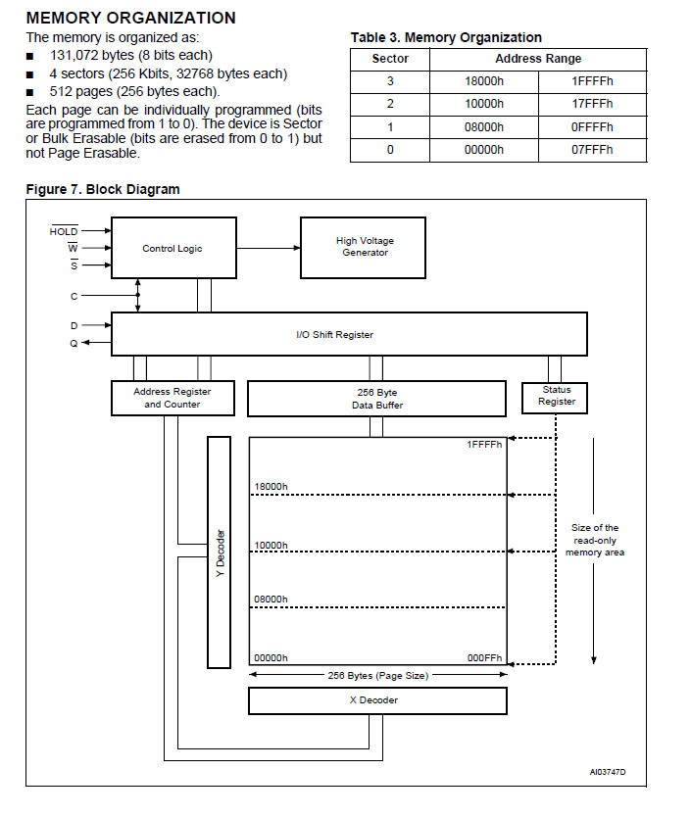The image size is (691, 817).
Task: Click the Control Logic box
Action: click(x=173, y=249)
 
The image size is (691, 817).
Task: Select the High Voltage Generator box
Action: click(x=365, y=247)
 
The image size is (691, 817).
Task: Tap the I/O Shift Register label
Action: click(x=334, y=335)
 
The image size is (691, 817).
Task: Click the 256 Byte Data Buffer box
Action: click(x=376, y=398)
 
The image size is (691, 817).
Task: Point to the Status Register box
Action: click(x=557, y=396)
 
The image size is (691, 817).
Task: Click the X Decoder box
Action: click(x=376, y=700)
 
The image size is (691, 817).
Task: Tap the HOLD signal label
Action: click(x=64, y=231)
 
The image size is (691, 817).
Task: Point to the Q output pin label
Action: click(x=73, y=343)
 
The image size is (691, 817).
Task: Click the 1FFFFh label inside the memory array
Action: click(x=484, y=446)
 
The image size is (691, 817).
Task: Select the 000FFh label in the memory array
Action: click(x=484, y=658)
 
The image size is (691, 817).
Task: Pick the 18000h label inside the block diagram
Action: click(x=271, y=487)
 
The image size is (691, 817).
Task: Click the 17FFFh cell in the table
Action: click(x=592, y=104)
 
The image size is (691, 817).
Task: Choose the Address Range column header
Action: click(x=538, y=59)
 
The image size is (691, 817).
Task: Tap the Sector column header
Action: click(x=390, y=59)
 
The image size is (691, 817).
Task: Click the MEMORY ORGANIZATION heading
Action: click(x=130, y=18)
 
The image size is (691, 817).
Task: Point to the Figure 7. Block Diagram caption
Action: click(x=103, y=189)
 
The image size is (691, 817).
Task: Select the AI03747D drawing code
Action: click(x=608, y=773)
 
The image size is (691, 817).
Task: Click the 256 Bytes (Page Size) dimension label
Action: click(x=377, y=675)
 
